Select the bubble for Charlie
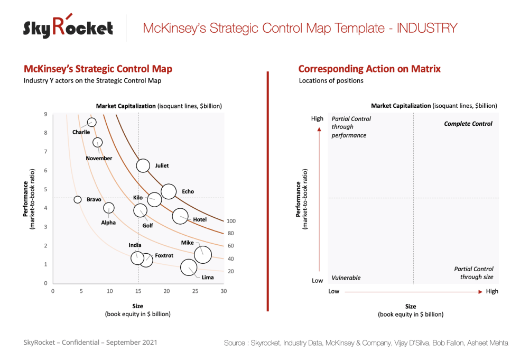pyautogui.click(x=91, y=122)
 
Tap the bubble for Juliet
pyautogui.click(x=143, y=165)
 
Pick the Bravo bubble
pyautogui.click(x=78, y=199)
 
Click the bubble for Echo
pyautogui.click(x=169, y=191)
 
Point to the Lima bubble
pyautogui.click(x=188, y=267)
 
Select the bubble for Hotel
pyautogui.click(x=180, y=216)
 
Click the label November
pyautogui.click(x=99, y=158)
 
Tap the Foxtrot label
pyautogui.click(x=164, y=255)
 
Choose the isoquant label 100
pyautogui.click(x=230, y=221)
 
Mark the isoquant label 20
pyautogui.click(x=230, y=271)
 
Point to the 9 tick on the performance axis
pyautogui.click(x=46, y=114)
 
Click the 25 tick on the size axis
pyautogui.click(x=195, y=291)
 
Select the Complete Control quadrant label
pyautogui.click(x=468, y=124)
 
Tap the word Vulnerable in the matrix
pyautogui.click(x=346, y=278)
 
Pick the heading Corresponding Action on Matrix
pyautogui.click(x=369, y=69)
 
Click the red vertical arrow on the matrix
pyautogui.click(x=319, y=201)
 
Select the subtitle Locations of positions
pyautogui.click(x=331, y=81)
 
